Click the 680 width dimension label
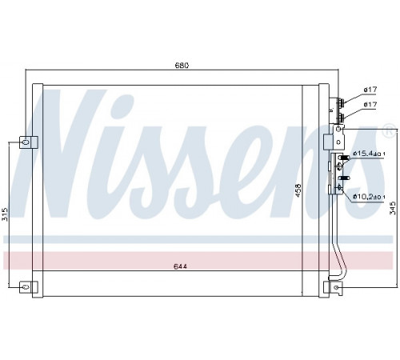182,66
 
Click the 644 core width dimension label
181,266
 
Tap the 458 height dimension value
298,190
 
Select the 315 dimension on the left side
5,214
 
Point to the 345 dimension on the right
393,208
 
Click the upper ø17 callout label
370,90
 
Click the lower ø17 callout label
370,105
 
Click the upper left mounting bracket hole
26,142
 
